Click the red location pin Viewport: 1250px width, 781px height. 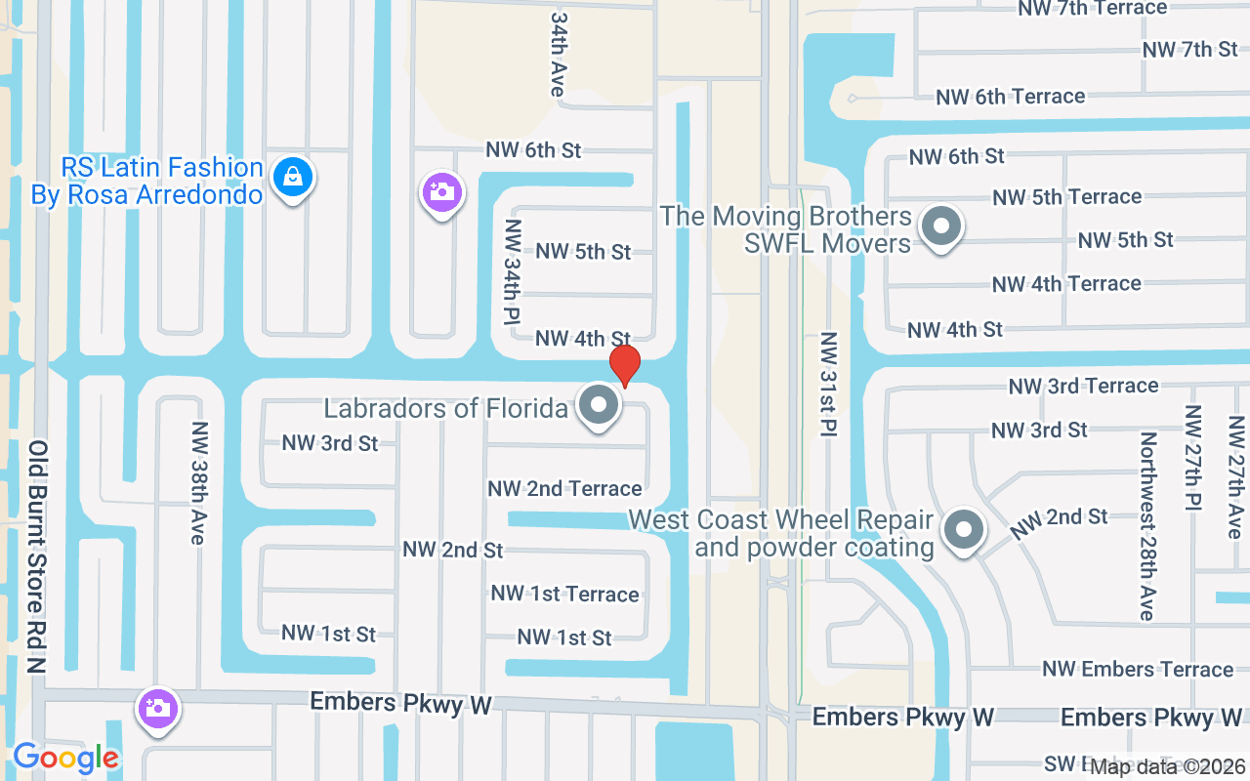pos(625,365)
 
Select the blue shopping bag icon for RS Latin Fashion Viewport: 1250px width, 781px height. pos(292,177)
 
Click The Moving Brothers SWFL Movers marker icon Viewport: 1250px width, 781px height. pos(941,226)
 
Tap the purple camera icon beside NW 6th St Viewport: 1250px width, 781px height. pos(441,191)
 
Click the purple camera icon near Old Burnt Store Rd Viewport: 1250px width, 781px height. pos(157,707)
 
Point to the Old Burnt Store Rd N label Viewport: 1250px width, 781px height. pos(37,556)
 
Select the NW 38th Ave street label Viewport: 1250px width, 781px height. pos(199,483)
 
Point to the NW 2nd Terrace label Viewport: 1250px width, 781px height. pos(564,488)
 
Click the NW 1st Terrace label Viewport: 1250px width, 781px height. pos(564,594)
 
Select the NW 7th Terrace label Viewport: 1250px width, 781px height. pos(1092,8)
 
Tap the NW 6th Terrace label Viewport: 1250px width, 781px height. pos(1011,97)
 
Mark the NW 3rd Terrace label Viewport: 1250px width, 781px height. pos(1083,386)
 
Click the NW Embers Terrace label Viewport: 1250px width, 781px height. pos(1138,670)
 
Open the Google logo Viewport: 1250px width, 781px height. pos(65,758)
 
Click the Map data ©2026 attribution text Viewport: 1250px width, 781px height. pos(1168,766)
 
